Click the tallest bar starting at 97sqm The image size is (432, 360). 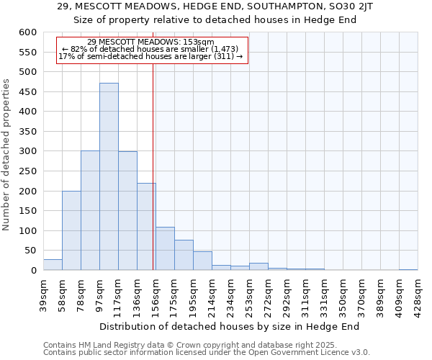[x=109, y=176]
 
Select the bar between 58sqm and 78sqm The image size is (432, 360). [x=71, y=230]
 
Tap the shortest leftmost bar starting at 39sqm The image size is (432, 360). [x=53, y=264]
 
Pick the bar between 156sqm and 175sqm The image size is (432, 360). [x=165, y=248]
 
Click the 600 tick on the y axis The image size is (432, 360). [x=27, y=32]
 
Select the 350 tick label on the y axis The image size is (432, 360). [x=27, y=132]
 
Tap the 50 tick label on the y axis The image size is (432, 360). [x=30, y=251]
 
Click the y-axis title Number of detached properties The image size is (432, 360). [x=7, y=155]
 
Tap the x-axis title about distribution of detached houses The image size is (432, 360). [x=229, y=326]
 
